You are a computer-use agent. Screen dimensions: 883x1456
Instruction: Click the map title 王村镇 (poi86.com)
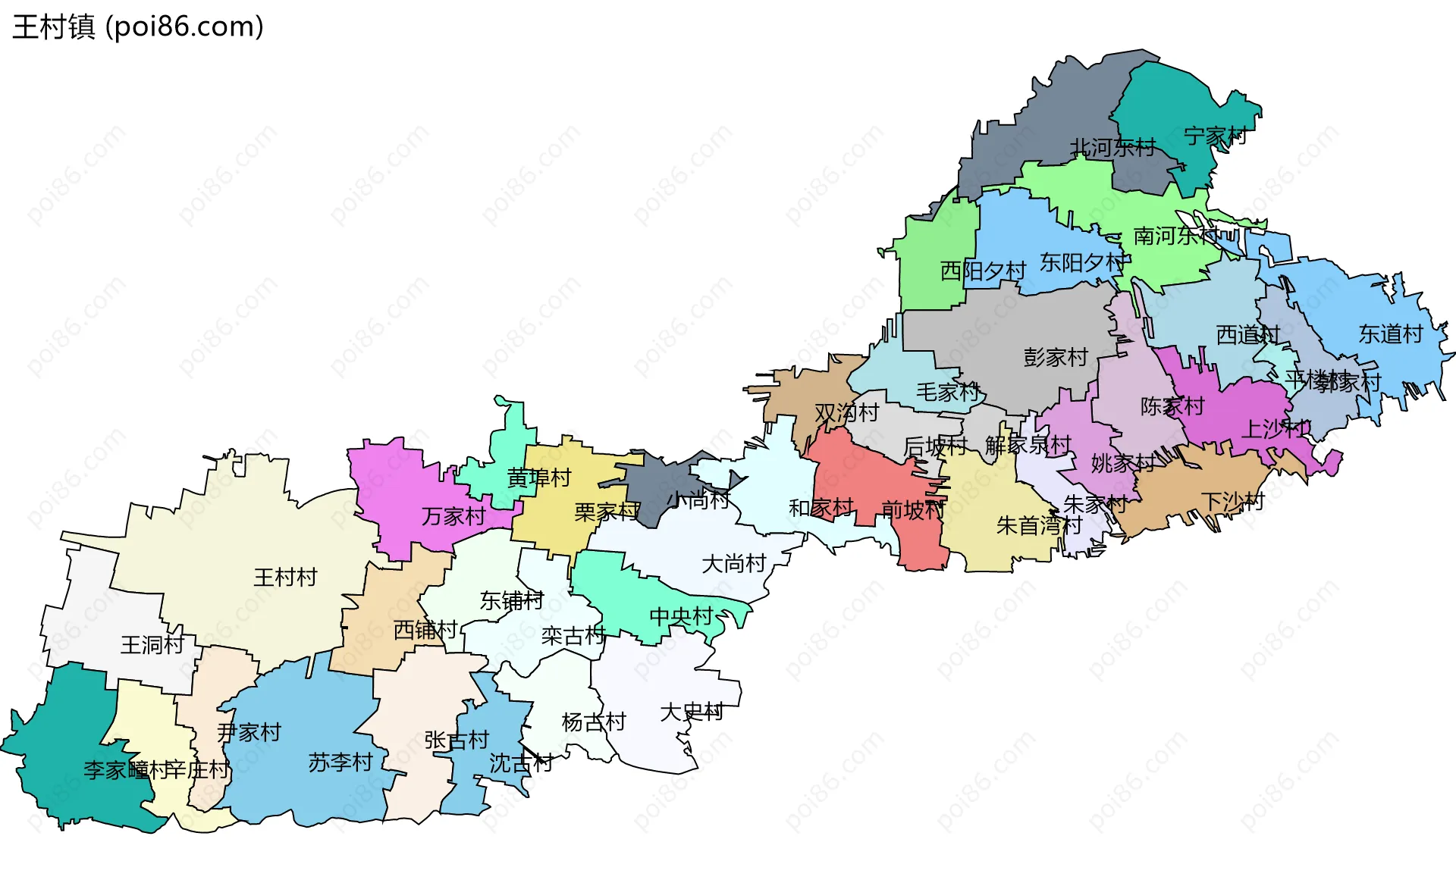click(138, 27)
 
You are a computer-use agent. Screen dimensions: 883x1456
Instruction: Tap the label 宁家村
click(1215, 136)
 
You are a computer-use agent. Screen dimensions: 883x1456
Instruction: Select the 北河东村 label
click(1112, 148)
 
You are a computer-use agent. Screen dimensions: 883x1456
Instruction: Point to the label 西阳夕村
click(983, 271)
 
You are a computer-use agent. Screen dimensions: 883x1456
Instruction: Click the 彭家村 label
click(1056, 357)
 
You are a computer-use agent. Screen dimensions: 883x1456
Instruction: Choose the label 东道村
click(1390, 334)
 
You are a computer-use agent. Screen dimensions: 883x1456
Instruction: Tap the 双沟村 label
click(846, 413)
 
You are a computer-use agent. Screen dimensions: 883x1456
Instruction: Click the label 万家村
click(453, 517)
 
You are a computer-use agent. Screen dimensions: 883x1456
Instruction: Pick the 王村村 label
click(285, 578)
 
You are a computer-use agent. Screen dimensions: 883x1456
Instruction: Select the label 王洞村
click(152, 645)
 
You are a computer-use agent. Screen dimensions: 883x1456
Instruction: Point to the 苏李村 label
click(340, 762)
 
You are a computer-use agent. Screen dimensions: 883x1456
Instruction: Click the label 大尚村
click(733, 564)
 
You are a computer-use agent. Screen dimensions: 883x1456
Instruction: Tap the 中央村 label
click(681, 617)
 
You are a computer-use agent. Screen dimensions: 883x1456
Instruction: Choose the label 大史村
click(692, 712)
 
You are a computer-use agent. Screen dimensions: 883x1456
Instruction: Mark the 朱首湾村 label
click(1039, 525)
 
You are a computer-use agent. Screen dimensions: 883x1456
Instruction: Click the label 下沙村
click(1233, 502)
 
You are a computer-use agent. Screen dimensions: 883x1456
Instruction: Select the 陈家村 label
click(1172, 407)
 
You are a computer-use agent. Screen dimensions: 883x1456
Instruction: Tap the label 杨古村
click(594, 723)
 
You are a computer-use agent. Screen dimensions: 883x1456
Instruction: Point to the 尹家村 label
click(249, 733)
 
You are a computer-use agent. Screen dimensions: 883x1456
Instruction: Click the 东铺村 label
click(512, 601)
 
